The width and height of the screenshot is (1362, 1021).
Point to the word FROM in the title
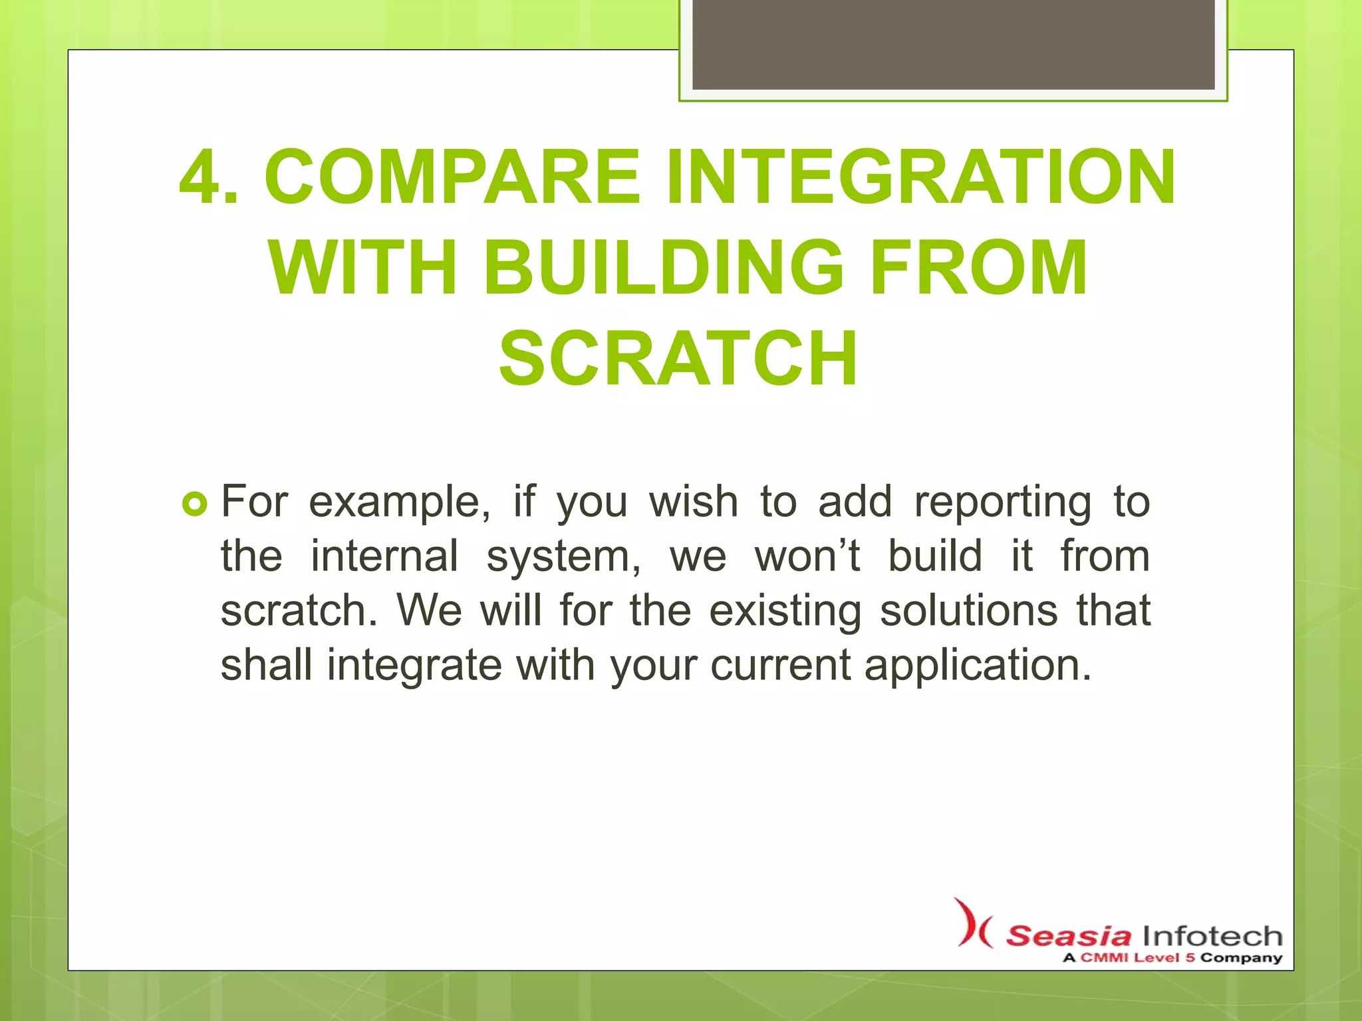(x=979, y=269)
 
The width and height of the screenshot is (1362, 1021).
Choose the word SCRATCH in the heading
(x=678, y=359)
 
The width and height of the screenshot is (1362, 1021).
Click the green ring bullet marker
(x=194, y=506)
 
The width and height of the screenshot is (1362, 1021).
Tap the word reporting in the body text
(x=1003, y=503)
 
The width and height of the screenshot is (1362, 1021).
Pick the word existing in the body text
(x=785, y=612)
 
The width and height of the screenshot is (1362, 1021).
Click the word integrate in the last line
(x=414, y=665)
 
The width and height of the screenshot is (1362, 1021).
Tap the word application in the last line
(x=978, y=667)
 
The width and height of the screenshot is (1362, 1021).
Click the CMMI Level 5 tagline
(x=1172, y=958)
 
